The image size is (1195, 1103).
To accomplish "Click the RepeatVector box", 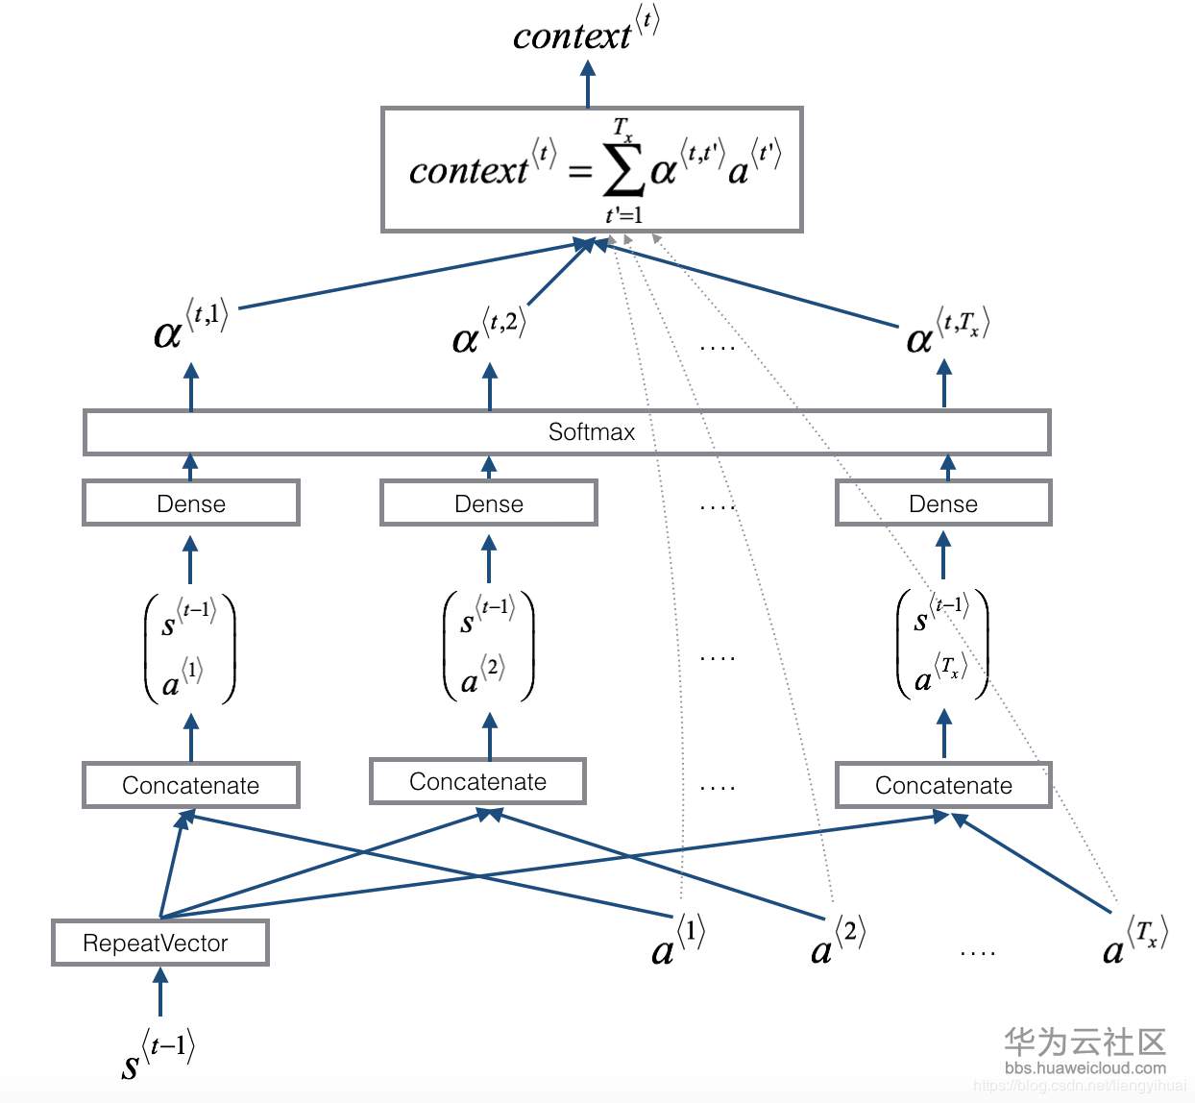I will (x=159, y=943).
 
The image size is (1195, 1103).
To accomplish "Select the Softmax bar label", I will (x=591, y=432).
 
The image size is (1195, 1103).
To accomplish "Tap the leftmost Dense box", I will (x=191, y=503).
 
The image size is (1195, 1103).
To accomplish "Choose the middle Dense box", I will (x=489, y=503).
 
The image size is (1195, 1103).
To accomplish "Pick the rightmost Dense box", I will (x=943, y=503).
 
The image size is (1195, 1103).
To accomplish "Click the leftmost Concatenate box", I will (x=191, y=785).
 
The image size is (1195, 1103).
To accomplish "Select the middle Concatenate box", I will (x=477, y=781).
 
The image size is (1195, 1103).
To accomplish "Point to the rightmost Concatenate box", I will (x=943, y=785).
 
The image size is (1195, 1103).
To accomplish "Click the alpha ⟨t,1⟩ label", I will (x=190, y=326).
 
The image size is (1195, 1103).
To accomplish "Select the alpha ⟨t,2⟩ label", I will (x=488, y=332).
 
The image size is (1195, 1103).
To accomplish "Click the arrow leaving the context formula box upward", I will (x=588, y=84).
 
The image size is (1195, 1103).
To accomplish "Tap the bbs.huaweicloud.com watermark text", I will (x=1085, y=1067).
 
